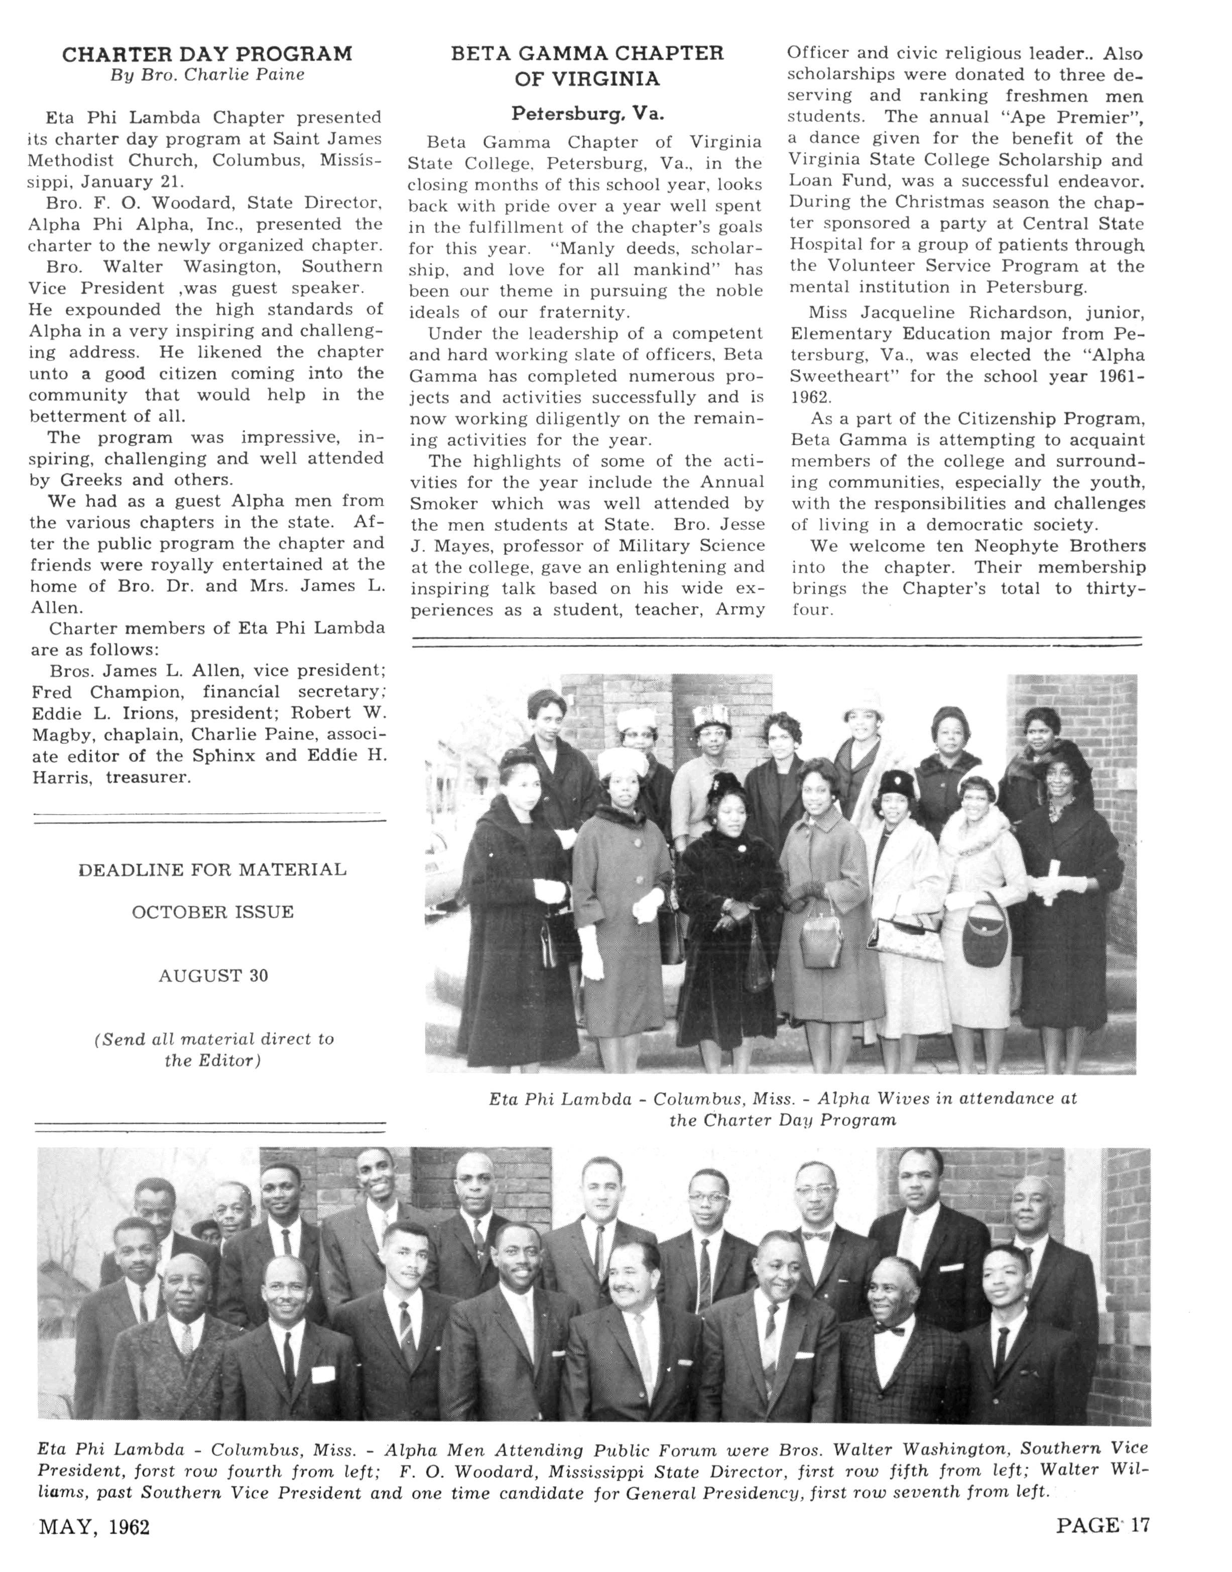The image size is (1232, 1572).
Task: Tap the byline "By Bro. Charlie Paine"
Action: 207,75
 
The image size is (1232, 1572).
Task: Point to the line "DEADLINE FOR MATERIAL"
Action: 212,870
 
